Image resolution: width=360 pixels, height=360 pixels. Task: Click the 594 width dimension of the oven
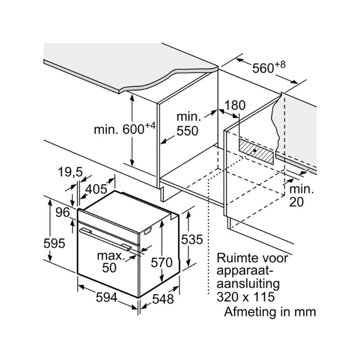(x=107, y=298)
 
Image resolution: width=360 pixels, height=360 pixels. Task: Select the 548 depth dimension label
(x=163, y=299)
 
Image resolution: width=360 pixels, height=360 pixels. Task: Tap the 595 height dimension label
(x=54, y=243)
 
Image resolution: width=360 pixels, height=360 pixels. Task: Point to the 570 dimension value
(x=162, y=262)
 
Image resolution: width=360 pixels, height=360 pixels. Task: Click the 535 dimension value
(x=192, y=239)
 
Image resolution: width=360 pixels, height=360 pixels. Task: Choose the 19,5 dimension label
(x=70, y=172)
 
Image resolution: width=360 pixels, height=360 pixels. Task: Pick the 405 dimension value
(x=96, y=189)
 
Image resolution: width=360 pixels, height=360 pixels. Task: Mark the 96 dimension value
(x=63, y=212)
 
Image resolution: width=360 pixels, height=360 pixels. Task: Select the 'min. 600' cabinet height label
(x=125, y=128)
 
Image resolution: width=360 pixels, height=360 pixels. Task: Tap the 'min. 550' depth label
(x=188, y=124)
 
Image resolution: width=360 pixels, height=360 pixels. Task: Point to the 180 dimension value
(x=234, y=105)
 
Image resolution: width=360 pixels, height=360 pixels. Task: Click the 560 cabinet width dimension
(x=269, y=67)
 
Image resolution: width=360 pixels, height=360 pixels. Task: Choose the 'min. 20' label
(x=301, y=196)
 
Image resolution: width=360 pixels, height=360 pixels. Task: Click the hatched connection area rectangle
(x=256, y=151)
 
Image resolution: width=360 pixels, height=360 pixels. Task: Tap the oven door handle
(x=105, y=238)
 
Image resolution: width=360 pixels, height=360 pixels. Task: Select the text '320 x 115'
(x=246, y=297)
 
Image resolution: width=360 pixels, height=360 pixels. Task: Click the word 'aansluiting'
(x=248, y=284)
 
